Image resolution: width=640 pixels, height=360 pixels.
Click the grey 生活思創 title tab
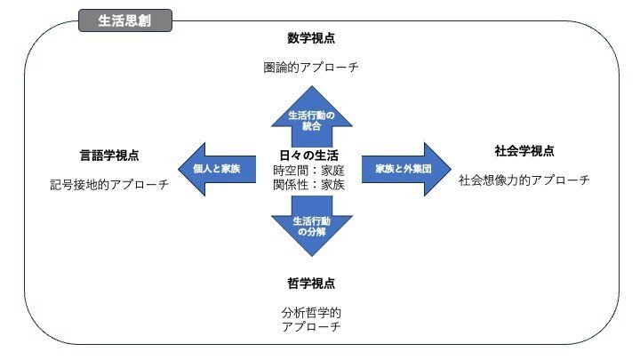pos(125,20)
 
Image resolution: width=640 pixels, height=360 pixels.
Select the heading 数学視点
pos(311,38)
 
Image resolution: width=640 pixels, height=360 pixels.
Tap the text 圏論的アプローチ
pos(311,67)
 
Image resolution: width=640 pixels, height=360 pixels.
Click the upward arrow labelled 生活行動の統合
pos(312,116)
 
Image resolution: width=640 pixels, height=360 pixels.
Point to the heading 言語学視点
pos(109,155)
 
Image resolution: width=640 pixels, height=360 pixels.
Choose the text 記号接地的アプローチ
pos(109,185)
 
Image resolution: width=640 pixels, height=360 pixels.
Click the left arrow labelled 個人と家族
pos(217,169)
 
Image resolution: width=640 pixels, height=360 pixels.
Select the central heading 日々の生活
pos(309,155)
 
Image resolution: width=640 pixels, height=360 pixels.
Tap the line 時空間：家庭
pos(309,170)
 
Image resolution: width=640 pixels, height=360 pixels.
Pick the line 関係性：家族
pos(309,185)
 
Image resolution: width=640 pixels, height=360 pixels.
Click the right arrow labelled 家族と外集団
pos(406,169)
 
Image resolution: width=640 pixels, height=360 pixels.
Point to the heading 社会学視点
pos(524,151)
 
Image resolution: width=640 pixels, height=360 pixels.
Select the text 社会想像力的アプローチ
pos(524,180)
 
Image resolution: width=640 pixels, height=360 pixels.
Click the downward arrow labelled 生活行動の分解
pos(312,227)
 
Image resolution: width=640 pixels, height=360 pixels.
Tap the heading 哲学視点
pos(311,284)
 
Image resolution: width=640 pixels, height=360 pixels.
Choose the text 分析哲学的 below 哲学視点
pos(311,313)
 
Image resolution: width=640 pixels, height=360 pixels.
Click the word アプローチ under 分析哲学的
pos(311,326)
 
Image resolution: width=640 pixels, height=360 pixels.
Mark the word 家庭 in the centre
pos(332,170)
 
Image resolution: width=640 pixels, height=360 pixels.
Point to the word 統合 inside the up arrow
pos(311,126)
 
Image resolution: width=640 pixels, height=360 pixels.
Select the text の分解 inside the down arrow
pos(311,232)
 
